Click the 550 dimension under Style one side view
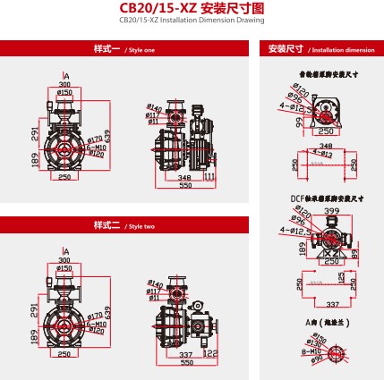[x=186, y=187]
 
